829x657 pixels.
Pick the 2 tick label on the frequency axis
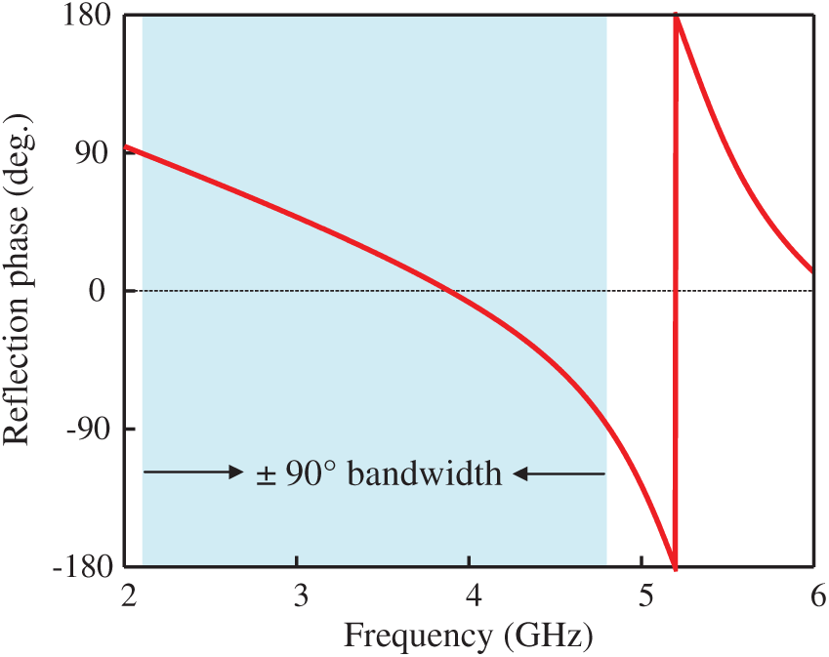[126, 595]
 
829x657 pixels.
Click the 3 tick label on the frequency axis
[300, 595]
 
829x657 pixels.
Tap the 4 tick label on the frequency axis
[472, 595]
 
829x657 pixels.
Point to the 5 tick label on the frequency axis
[643, 595]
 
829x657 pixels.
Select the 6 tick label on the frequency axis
[814, 595]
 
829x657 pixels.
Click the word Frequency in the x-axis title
[418, 636]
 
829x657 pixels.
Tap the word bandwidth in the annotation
[425, 474]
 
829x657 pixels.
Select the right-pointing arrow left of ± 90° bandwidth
[193, 473]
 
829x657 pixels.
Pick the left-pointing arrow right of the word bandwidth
[560, 474]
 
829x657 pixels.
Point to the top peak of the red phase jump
[676, 20]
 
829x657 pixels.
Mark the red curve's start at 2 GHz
[126, 147]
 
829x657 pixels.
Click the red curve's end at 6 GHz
[811, 270]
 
